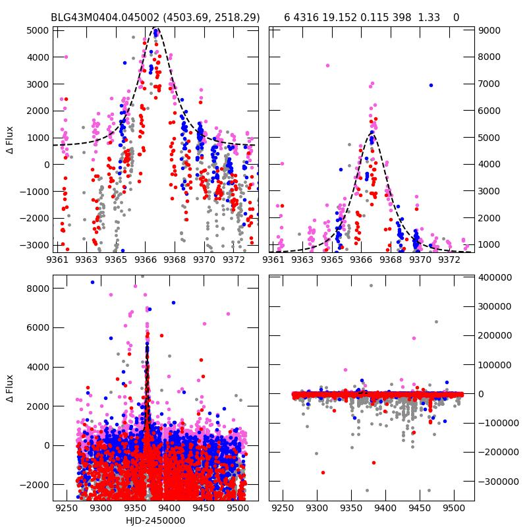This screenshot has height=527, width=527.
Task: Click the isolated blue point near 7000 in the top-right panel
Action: point(431,85)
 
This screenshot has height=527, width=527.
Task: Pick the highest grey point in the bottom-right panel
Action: point(371,285)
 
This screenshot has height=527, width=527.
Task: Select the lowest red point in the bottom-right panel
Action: point(323,472)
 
